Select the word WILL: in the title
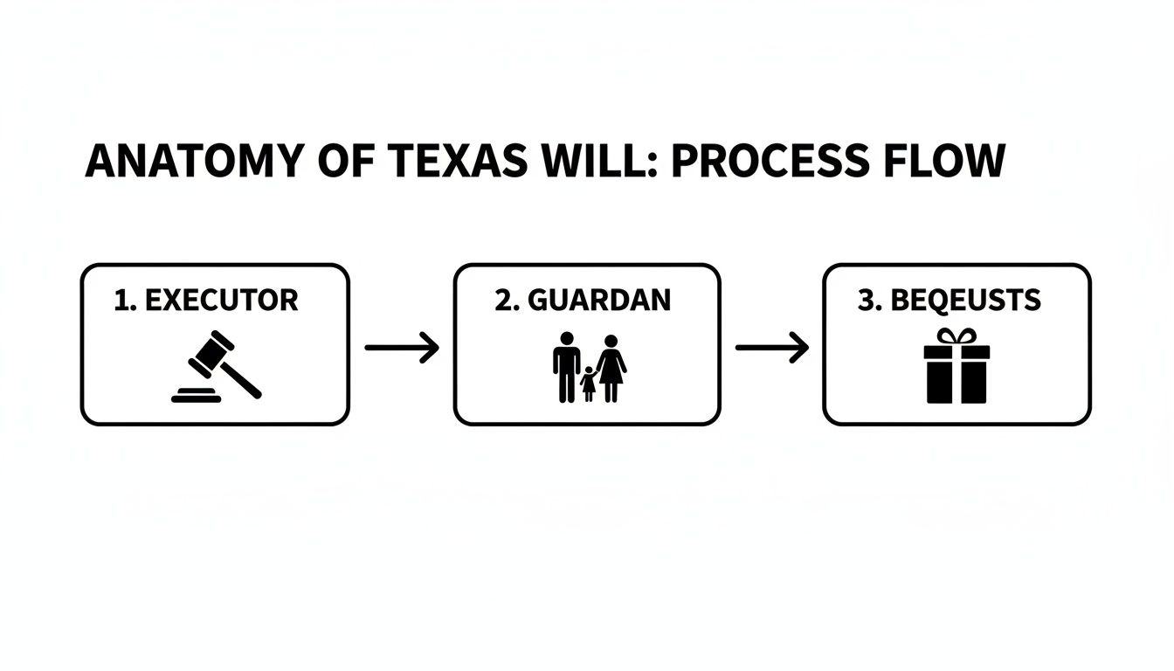click(x=595, y=163)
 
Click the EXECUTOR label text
click(x=221, y=301)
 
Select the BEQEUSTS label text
click(x=965, y=301)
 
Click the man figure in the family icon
click(x=566, y=367)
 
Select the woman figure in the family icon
click(x=611, y=367)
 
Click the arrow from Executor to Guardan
click(x=401, y=348)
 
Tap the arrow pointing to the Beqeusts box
click(x=772, y=348)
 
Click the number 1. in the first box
click(x=127, y=301)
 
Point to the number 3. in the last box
click(x=869, y=301)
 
